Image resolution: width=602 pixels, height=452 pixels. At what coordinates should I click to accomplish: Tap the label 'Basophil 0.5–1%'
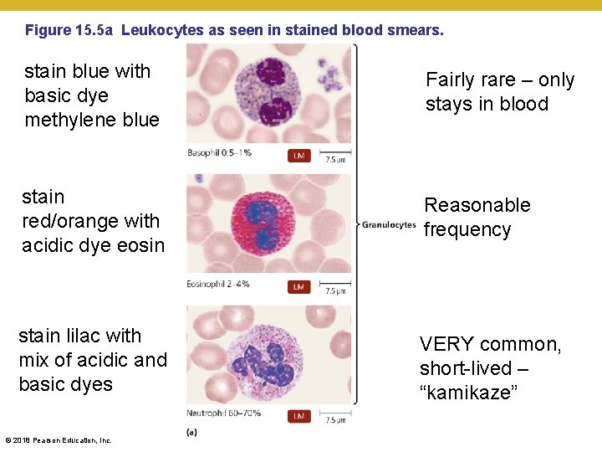coord(220,153)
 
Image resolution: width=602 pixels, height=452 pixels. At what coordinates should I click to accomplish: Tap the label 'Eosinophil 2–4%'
coord(219,285)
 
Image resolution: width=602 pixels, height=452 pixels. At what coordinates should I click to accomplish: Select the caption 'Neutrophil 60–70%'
coord(224,413)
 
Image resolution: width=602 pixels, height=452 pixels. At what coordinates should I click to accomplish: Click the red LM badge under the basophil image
coord(298,155)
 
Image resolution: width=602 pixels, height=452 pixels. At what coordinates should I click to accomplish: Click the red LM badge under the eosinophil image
coord(298,286)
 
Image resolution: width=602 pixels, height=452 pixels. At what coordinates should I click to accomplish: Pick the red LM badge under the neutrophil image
coord(298,415)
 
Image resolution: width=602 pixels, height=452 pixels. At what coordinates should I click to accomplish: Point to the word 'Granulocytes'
coord(388,224)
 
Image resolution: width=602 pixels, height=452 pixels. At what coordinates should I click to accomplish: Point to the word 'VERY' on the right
coord(446,344)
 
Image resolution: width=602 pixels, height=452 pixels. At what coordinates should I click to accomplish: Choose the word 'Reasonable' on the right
coord(477,205)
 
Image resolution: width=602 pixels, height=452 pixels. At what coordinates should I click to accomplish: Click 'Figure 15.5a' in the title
coord(70,30)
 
